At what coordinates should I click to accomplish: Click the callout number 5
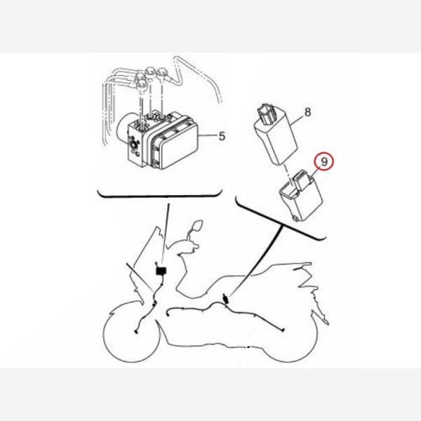coord(222,136)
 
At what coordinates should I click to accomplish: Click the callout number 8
coord(308,112)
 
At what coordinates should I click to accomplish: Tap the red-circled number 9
coord(324,161)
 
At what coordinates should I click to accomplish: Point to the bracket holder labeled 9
coord(302,195)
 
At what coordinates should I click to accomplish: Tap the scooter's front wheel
coord(131,333)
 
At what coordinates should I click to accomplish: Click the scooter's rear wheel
coord(290,335)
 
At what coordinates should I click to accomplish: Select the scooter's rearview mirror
coord(197,225)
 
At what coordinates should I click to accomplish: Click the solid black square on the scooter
coord(161,271)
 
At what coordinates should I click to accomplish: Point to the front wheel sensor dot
coord(135,332)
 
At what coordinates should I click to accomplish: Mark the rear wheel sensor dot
coord(283,330)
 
